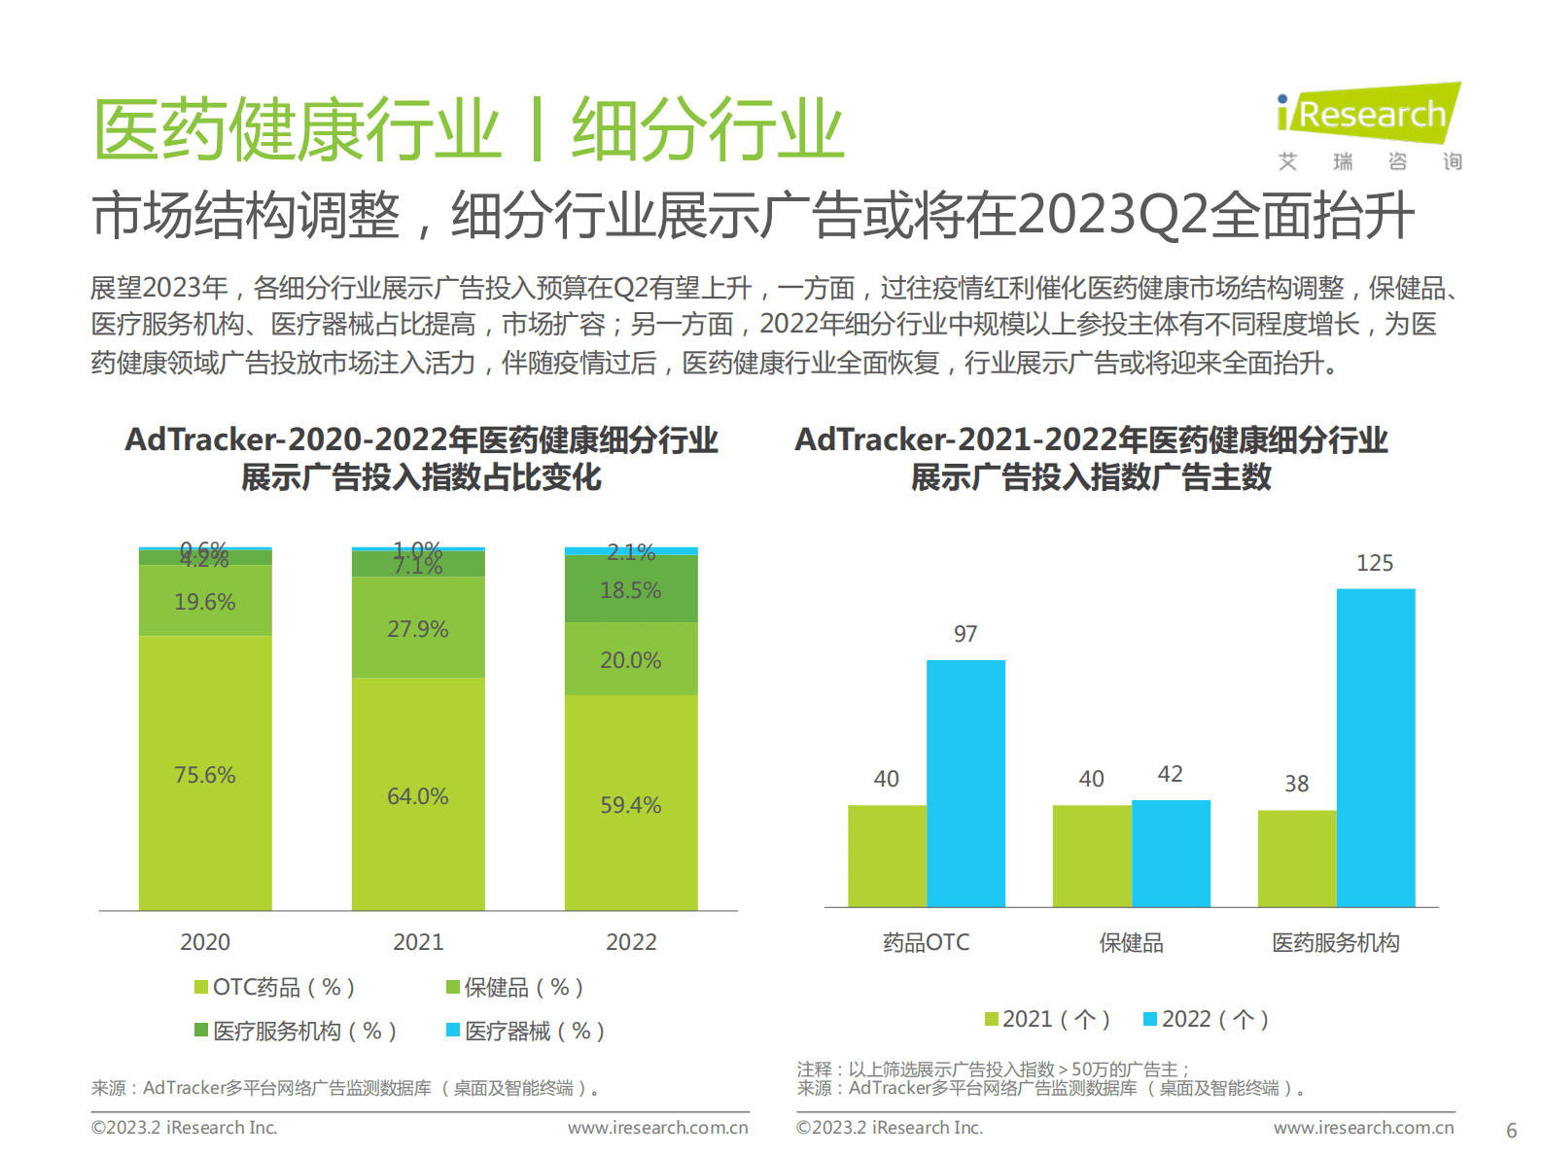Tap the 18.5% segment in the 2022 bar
point(631,589)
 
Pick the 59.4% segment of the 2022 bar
point(631,803)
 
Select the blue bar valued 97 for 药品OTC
point(965,783)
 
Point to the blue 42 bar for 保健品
point(1171,853)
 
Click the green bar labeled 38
point(1296,858)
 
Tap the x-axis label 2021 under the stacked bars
point(418,941)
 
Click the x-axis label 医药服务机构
point(1336,942)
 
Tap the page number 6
point(1511,1131)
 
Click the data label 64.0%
point(418,796)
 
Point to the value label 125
point(1375,563)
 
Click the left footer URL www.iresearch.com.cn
point(658,1128)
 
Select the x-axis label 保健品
point(1131,942)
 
